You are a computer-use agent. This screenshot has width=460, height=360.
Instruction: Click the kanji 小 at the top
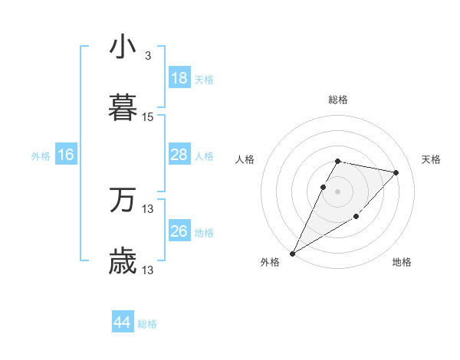point(123,47)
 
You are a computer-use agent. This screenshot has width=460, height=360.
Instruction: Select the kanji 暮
point(123,108)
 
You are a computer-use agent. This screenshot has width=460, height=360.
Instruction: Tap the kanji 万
point(123,200)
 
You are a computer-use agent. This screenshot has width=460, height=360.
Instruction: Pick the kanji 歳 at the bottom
point(123,261)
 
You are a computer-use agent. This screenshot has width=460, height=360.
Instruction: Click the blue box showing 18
point(179,78)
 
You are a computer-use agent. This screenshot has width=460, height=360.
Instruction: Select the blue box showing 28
point(179,155)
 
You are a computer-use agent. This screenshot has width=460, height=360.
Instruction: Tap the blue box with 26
point(179,231)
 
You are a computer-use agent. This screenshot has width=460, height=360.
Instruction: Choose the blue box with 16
point(66,155)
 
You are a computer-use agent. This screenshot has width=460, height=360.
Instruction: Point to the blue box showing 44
point(123,322)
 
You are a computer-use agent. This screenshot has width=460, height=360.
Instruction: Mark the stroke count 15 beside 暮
point(148,117)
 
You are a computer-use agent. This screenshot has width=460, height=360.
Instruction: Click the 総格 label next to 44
point(147,324)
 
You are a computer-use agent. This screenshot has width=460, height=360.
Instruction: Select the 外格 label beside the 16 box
point(41,156)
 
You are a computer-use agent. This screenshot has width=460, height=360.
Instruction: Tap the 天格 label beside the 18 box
point(204,80)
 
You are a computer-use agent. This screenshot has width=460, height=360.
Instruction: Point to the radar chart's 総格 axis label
point(338,100)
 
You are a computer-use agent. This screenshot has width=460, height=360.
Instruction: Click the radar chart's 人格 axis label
point(245,159)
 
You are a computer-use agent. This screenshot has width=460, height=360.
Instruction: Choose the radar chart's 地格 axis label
point(402,262)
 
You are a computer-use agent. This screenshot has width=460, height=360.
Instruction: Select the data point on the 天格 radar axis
point(396,172)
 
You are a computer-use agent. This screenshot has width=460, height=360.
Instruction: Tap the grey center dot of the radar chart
point(338,191)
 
